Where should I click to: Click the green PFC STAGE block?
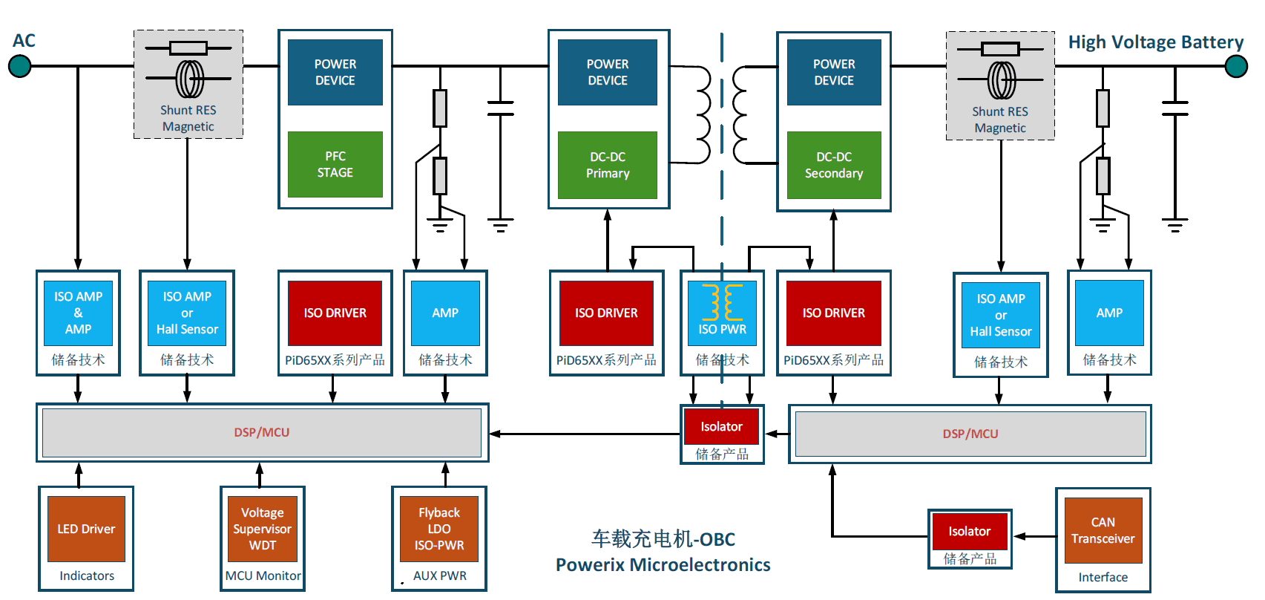[335, 164]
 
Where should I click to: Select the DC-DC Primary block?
[608, 165]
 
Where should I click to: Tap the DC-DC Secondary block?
[834, 165]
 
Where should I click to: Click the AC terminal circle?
[20, 66]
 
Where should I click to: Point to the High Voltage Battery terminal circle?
[1236, 66]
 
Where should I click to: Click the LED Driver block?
[86, 529]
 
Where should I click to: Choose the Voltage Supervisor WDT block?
[263, 529]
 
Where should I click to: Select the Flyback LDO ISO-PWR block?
[439, 529]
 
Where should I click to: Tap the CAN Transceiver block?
[1103, 530]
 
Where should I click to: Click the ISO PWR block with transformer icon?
[723, 313]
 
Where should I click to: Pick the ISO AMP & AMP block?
[79, 313]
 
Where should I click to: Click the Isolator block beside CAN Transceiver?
[970, 531]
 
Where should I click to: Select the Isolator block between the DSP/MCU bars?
[722, 426]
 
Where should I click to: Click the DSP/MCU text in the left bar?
[262, 432]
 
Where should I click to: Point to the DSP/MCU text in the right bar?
[970, 434]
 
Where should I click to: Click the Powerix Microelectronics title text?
[663, 564]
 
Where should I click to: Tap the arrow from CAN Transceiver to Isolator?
[1035, 536]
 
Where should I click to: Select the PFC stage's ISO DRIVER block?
[335, 313]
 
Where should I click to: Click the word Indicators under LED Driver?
[87, 575]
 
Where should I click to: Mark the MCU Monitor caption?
[263, 575]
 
